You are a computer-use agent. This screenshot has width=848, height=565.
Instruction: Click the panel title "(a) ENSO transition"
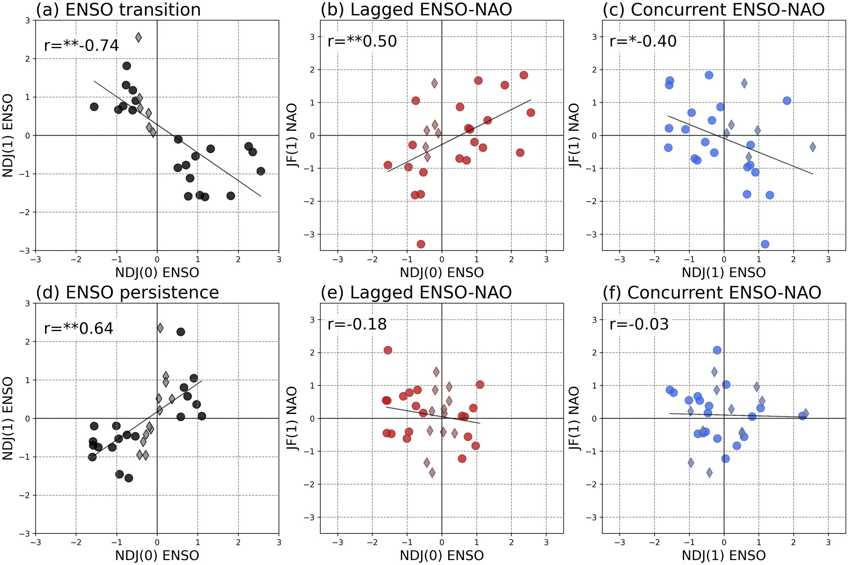(118, 10)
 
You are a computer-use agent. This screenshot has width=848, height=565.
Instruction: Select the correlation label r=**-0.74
(81, 45)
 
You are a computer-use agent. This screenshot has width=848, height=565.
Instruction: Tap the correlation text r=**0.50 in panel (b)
(362, 41)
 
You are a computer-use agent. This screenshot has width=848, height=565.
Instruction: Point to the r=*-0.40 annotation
(643, 41)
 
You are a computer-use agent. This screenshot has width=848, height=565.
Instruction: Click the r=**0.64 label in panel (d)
(79, 328)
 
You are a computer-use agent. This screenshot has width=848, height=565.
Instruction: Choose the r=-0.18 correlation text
(357, 324)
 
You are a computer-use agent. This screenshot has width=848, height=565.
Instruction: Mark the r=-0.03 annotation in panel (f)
(639, 324)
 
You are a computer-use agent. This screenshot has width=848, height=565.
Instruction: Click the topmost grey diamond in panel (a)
(138, 37)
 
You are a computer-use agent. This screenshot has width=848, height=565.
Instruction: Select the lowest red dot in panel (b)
(421, 244)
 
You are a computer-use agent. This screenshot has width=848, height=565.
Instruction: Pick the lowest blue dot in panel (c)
(765, 244)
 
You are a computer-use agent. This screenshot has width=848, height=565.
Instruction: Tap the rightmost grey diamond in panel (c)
(813, 147)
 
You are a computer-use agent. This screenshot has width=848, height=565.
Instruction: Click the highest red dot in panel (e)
(388, 350)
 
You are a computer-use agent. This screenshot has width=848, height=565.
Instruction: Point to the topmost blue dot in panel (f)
(717, 350)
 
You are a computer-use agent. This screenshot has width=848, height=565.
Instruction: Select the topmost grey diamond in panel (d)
(160, 328)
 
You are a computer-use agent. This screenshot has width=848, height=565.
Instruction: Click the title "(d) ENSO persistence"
(127, 293)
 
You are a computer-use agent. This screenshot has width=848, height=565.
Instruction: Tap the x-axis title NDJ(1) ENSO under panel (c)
(723, 272)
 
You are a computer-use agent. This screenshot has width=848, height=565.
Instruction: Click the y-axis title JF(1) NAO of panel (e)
(292, 418)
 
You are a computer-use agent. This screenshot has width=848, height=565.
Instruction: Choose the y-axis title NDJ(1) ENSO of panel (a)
(8, 135)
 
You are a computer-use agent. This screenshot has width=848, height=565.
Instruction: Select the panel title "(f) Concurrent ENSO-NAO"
(711, 293)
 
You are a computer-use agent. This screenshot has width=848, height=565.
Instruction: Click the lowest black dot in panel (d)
(129, 478)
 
